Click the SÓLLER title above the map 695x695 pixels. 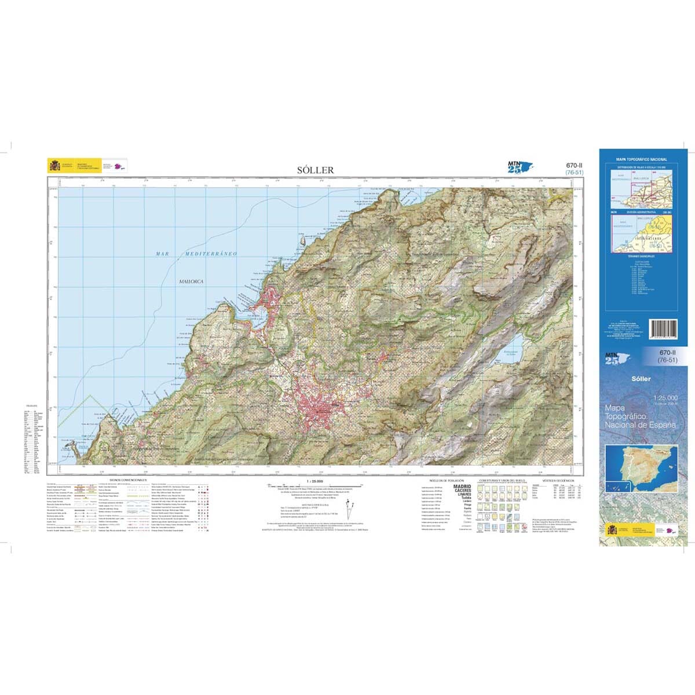315,170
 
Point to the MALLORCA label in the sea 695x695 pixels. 191,281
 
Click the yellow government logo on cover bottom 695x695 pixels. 613,530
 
